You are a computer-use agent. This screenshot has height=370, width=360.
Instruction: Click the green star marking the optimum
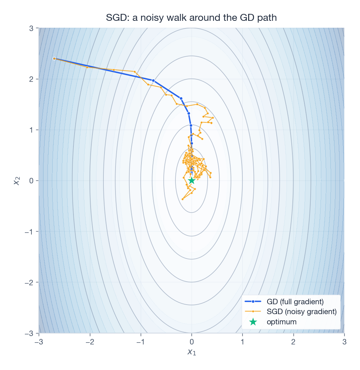pyautogui.click(x=192, y=180)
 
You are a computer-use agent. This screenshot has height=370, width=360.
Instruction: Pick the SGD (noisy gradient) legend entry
pyautogui.click(x=301, y=312)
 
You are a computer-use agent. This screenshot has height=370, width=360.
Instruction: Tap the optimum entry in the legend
pyautogui.click(x=281, y=322)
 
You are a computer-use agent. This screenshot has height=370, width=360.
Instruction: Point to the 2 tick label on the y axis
pyautogui.click(x=32, y=79)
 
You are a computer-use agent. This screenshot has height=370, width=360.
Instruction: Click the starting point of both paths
pyautogui.click(x=54, y=58)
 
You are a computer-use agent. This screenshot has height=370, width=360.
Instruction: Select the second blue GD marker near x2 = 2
pyautogui.click(x=154, y=80)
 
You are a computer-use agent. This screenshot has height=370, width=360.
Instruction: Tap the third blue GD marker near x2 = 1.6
pyautogui.click(x=181, y=98)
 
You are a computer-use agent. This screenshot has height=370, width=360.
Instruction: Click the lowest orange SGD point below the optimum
pyautogui.click(x=183, y=199)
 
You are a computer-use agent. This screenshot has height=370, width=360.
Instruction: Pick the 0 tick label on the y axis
pyautogui.click(x=32, y=180)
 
